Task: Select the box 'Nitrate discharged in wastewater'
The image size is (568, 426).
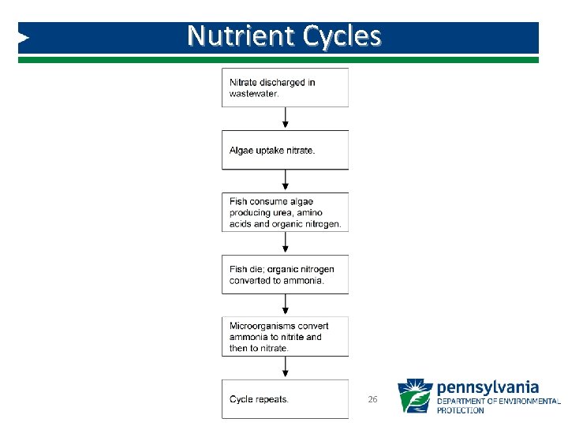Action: point(285,87)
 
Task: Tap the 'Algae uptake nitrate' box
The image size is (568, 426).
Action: point(285,150)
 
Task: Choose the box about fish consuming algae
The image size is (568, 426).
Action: point(285,212)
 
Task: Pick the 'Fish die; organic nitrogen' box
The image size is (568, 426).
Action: point(285,275)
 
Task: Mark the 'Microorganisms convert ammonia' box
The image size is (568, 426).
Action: point(285,337)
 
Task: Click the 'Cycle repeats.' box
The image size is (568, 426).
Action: point(285,399)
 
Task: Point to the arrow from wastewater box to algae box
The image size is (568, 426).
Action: point(285,118)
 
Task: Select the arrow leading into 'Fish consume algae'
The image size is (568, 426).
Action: point(285,181)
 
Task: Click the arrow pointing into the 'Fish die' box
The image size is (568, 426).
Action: point(285,243)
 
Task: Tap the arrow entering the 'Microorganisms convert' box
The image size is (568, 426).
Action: point(285,305)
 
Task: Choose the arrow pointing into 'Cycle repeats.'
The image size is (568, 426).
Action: point(285,368)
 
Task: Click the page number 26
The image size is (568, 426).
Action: point(373,400)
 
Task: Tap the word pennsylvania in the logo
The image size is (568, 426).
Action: point(488,387)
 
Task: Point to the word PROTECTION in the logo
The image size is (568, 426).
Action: point(461,410)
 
